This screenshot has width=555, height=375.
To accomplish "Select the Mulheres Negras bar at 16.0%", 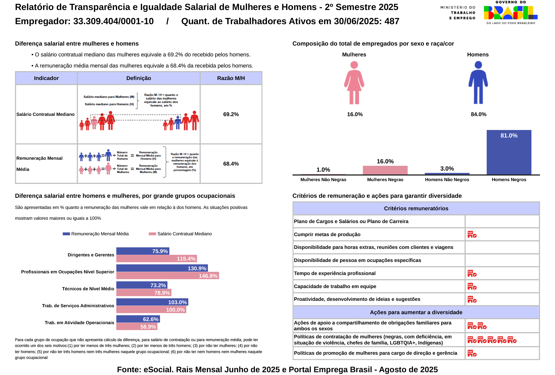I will (x=385, y=170).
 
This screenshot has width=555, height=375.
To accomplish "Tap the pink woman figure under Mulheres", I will (x=354, y=83).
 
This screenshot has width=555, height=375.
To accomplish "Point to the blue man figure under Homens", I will (x=478, y=83).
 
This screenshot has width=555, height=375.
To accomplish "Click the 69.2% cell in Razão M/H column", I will (x=231, y=114).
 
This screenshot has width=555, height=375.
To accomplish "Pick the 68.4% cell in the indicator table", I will (x=231, y=164).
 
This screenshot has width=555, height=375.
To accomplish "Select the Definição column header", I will (x=139, y=78).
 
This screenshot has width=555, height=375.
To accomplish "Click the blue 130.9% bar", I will (x=162, y=268).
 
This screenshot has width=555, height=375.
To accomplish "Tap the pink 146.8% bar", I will (x=167, y=276).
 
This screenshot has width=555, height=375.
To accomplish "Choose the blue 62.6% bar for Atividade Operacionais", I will (x=138, y=319).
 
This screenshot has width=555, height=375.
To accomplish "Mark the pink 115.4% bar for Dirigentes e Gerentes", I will (x=156, y=259).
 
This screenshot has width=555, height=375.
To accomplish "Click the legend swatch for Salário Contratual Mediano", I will (x=152, y=234).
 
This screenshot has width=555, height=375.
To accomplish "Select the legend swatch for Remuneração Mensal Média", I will (x=66, y=234).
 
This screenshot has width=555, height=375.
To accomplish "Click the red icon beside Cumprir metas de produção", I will (x=472, y=234).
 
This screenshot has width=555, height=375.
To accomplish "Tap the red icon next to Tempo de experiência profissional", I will (x=472, y=273).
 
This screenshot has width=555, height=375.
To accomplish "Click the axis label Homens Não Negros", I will (x=447, y=180).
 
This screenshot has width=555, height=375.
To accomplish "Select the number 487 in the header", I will (x=392, y=21).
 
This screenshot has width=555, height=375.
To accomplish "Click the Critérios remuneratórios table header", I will (x=416, y=208).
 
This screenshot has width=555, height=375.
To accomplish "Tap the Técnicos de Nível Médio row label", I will (x=88, y=289).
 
